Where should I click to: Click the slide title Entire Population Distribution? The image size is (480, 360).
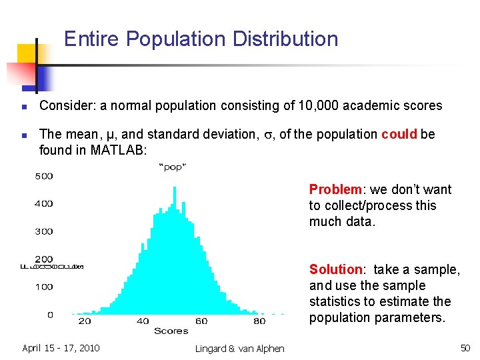[201, 39]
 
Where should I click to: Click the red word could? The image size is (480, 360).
[399, 134]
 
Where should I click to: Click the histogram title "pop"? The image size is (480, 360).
[173, 167]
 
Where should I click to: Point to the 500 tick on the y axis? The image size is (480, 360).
[43, 176]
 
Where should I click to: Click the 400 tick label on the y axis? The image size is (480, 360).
[43, 203]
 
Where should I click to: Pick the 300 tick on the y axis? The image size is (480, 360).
[43, 231]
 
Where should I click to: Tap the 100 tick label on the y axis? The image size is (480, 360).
[43, 287]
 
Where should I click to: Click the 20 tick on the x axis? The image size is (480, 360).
[85, 321]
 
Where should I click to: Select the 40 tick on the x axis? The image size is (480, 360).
[143, 321]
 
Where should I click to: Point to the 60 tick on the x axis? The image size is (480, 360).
[201, 321]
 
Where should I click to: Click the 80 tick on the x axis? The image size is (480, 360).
[259, 321]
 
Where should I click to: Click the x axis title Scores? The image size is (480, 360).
[171, 331]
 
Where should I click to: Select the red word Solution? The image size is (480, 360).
[335, 269]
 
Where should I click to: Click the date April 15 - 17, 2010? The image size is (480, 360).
[61, 347]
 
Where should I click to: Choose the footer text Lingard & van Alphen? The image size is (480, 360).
[240, 348]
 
